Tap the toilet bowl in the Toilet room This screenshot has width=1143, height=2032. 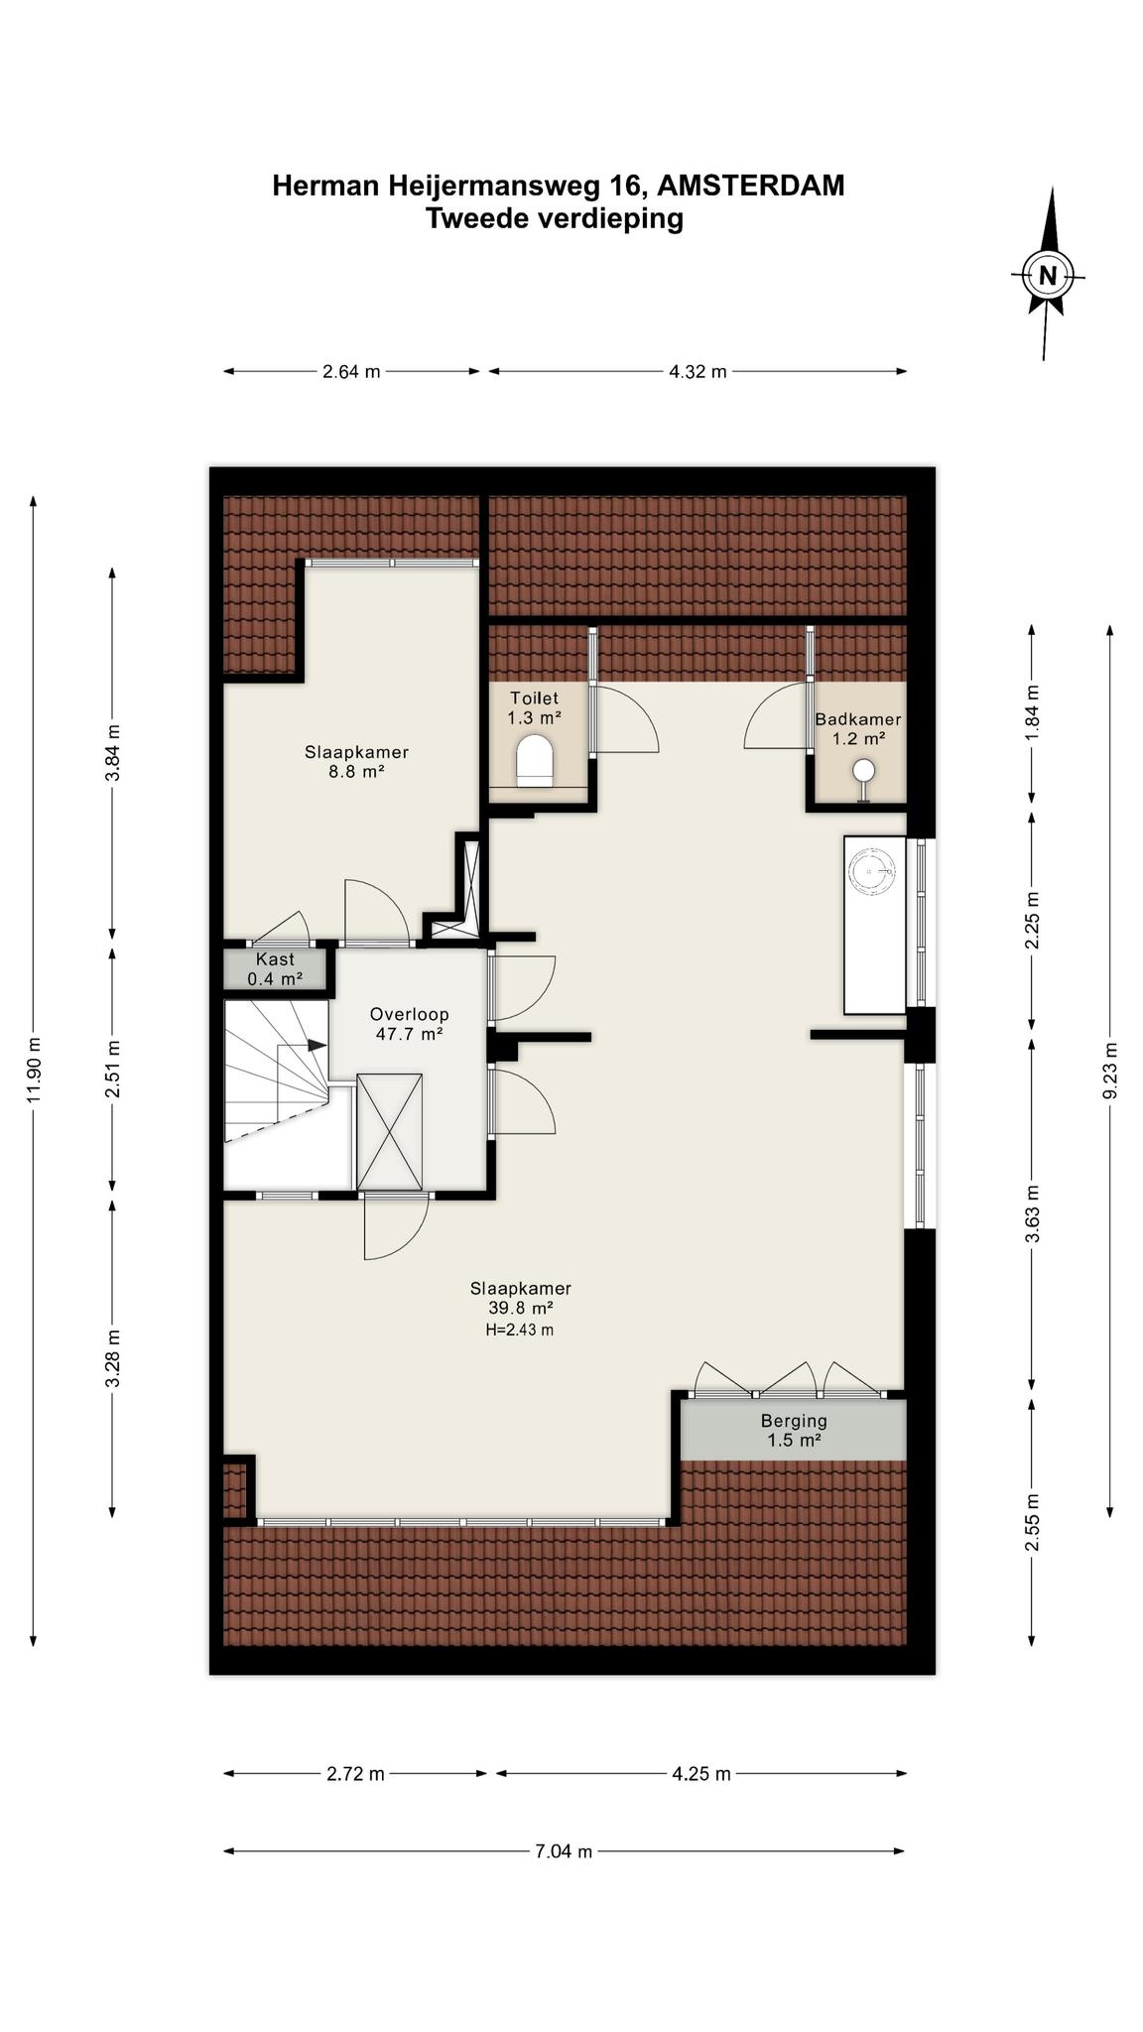click(535, 760)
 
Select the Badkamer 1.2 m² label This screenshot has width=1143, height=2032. click(858, 728)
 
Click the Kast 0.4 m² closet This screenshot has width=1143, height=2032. click(275, 968)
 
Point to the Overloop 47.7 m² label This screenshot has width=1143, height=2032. click(409, 1023)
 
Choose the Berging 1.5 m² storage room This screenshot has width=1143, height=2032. click(793, 1430)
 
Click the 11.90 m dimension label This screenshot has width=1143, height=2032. click(35, 1070)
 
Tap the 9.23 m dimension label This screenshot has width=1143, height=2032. click(1110, 1070)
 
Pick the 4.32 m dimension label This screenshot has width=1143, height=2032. click(698, 372)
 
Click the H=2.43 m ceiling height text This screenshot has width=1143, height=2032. click(519, 1330)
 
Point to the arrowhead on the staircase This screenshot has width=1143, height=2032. click(317, 1045)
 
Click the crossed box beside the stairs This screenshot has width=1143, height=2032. click(390, 1130)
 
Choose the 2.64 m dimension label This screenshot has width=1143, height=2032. click(351, 372)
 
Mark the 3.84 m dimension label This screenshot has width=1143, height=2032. click(113, 754)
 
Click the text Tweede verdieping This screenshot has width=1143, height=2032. click(555, 218)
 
